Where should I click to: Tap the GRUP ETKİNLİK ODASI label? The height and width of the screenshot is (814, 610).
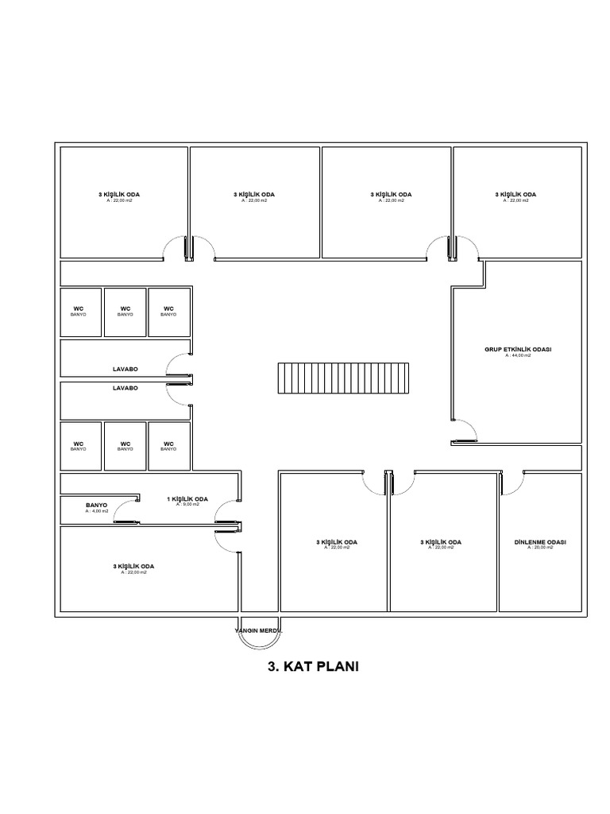click(x=518, y=350)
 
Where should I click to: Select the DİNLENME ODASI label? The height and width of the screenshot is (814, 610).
click(x=539, y=542)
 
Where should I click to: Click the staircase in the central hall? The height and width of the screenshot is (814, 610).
click(x=342, y=378)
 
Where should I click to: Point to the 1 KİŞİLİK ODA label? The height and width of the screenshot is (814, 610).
click(x=187, y=499)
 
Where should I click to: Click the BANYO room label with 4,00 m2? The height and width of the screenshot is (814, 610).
click(x=96, y=505)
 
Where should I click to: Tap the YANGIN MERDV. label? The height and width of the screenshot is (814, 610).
click(x=258, y=630)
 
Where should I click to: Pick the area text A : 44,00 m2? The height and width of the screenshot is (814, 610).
click(x=518, y=356)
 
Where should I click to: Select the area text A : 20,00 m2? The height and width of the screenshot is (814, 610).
click(x=539, y=548)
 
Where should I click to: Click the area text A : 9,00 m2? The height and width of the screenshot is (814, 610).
click(x=187, y=505)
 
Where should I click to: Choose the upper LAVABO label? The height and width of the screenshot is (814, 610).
click(x=125, y=370)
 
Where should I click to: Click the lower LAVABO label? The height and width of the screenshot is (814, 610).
click(x=125, y=388)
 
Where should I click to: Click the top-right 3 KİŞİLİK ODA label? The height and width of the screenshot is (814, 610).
click(x=515, y=194)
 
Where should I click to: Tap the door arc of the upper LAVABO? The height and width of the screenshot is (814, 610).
click(x=176, y=365)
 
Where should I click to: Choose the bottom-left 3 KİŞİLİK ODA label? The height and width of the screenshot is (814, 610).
click(x=133, y=566)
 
